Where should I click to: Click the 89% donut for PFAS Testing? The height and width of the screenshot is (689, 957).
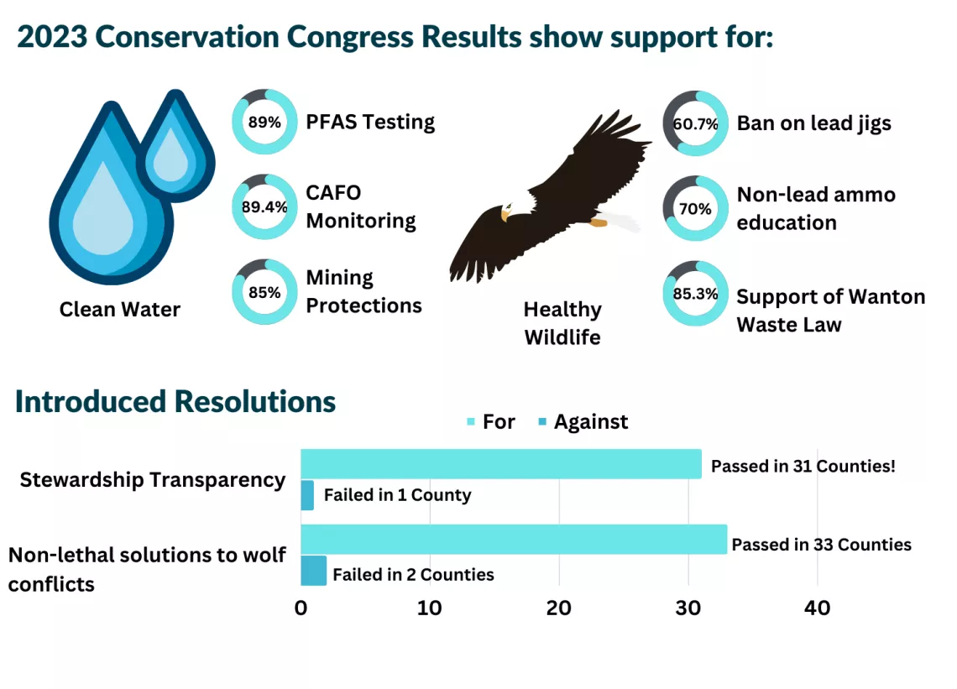pyautogui.click(x=264, y=122)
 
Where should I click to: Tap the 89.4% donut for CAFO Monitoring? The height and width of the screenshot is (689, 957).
pyautogui.click(x=264, y=207)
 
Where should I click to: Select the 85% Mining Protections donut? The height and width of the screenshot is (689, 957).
pyautogui.click(x=264, y=293)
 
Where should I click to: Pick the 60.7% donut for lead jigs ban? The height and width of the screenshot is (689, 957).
pyautogui.click(x=696, y=123)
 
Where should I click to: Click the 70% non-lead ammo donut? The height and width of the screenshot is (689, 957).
pyautogui.click(x=696, y=209)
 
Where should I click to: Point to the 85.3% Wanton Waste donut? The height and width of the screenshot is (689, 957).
pyautogui.click(x=696, y=295)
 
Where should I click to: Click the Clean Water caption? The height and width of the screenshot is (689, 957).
pyautogui.click(x=120, y=310)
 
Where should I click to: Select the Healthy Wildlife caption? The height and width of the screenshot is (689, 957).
pyautogui.click(x=562, y=323)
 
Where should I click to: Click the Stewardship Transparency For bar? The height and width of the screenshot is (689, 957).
pyautogui.click(x=501, y=464)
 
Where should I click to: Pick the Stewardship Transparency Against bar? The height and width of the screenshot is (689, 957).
pyautogui.click(x=307, y=495)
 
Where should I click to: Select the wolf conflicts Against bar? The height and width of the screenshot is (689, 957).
pyautogui.click(x=313, y=571)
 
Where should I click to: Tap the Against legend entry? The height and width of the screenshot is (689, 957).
pyautogui.click(x=583, y=421)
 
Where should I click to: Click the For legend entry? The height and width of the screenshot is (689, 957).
pyautogui.click(x=491, y=421)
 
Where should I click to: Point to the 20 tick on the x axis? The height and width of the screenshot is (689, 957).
pyautogui.click(x=559, y=608)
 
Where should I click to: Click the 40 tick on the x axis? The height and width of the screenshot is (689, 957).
pyautogui.click(x=817, y=608)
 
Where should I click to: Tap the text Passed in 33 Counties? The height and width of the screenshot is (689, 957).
pyautogui.click(x=821, y=545)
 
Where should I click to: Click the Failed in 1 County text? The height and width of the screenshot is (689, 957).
pyautogui.click(x=397, y=495)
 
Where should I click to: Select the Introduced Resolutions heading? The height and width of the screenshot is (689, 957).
pyautogui.click(x=175, y=402)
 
